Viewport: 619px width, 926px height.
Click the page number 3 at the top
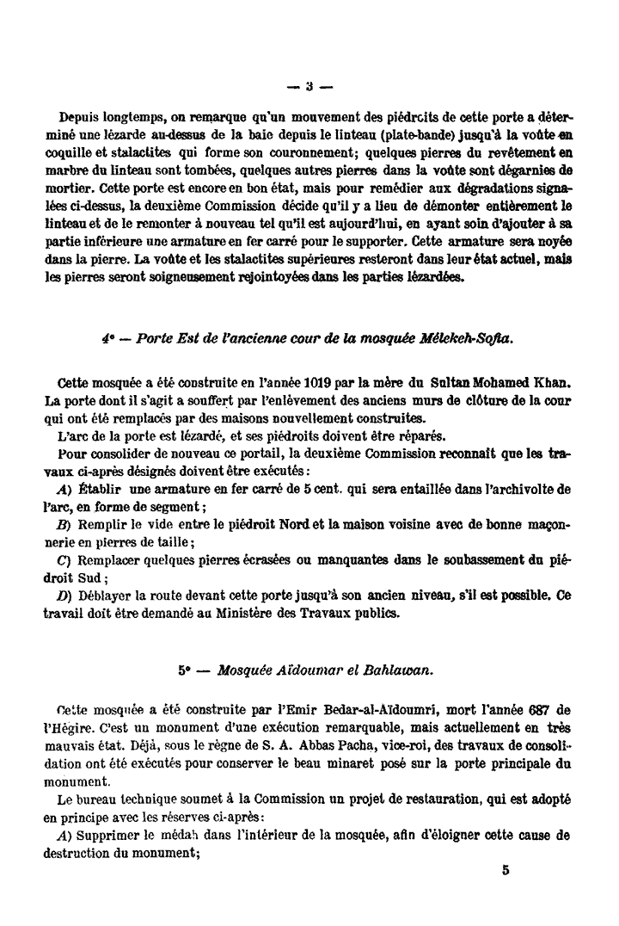pos(309,86)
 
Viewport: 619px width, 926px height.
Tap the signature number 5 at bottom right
pos(506,869)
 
